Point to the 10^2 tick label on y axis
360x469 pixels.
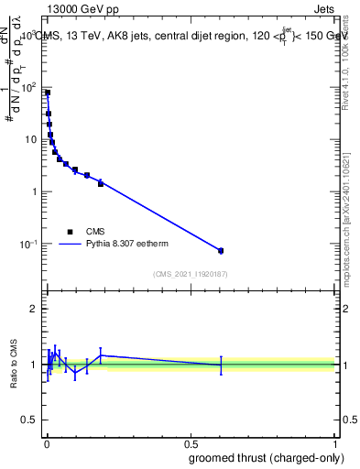29,88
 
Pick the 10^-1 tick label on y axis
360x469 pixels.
29,245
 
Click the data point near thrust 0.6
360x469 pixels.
221,250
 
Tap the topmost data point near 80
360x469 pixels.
48,93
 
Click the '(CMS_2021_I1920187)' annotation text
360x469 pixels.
190,274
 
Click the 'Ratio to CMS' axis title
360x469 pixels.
14,365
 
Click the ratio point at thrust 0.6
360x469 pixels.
221,365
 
